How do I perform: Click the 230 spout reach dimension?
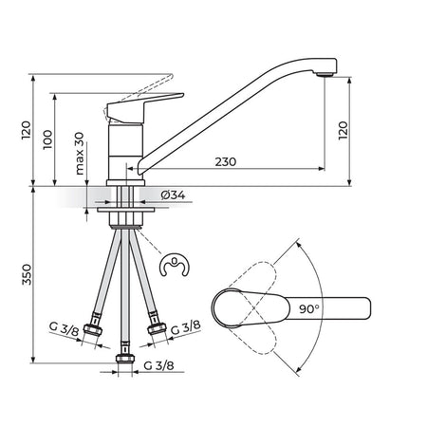point(226,162)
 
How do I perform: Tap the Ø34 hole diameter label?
point(173,195)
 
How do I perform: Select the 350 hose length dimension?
point(27,274)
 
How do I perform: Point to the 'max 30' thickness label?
point(80,154)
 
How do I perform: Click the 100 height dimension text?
point(47,139)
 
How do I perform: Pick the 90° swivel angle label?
point(309,308)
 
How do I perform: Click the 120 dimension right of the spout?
point(343,130)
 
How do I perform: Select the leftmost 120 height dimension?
point(27,130)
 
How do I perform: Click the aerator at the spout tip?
point(325,74)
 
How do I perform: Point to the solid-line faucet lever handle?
point(144,107)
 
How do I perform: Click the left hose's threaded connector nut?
point(93,329)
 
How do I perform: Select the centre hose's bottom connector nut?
point(125,358)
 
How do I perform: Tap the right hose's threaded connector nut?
point(157,328)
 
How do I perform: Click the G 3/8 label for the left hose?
point(64,329)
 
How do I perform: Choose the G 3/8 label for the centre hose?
point(158,365)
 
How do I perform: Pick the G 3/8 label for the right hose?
point(186,327)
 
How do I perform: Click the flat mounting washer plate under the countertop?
point(125,210)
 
